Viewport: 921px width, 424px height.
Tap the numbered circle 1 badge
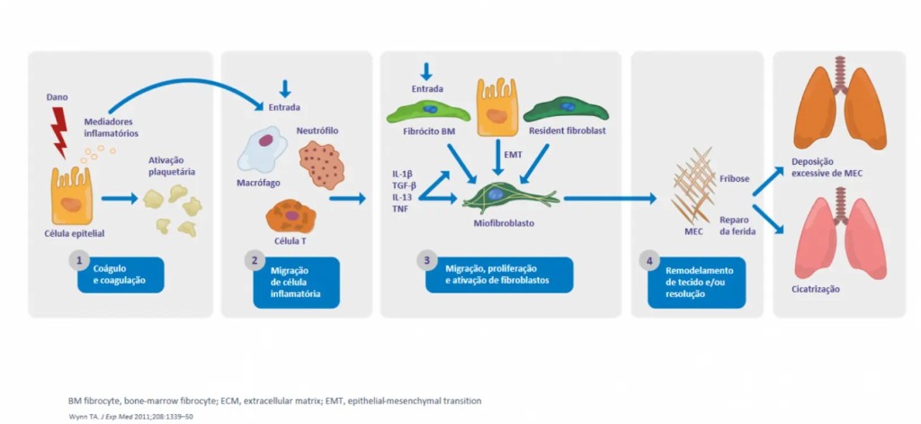click(79, 261)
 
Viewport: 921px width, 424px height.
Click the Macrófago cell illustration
click(262, 149)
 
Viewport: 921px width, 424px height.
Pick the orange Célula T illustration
click(290, 216)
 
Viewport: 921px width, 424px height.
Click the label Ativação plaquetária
click(174, 166)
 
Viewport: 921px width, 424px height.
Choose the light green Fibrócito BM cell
click(427, 111)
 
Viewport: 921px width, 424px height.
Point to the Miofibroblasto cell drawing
click(496, 196)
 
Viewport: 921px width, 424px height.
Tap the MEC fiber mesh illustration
click(693, 185)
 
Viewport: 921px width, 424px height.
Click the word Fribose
click(734, 177)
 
